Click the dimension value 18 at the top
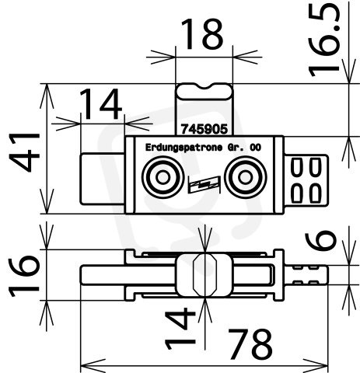201,33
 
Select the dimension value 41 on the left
24,152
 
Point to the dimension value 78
250,343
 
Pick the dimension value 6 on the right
320,241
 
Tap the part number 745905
204,129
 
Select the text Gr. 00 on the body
244,148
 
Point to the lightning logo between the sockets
204,184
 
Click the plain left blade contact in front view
103,179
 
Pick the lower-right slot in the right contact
315,193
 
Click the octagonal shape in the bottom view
204,275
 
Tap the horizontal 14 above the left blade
100,104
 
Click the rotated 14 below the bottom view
180,328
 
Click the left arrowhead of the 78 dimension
93,366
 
